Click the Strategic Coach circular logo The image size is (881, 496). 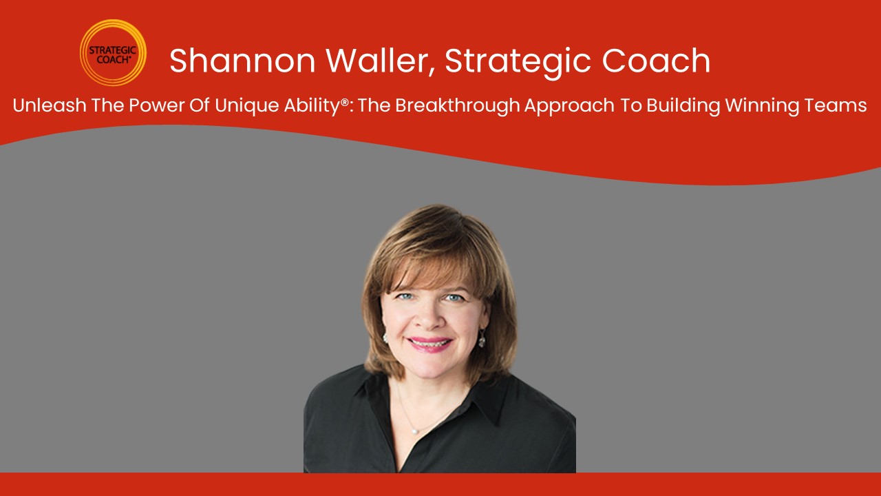[x=113, y=53]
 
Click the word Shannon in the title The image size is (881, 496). [x=242, y=61]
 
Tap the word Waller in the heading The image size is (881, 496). [x=381, y=61]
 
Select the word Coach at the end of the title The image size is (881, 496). [x=656, y=61]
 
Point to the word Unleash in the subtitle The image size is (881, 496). [x=50, y=105]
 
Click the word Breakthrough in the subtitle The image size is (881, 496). [x=458, y=106]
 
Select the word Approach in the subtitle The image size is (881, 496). [x=569, y=106]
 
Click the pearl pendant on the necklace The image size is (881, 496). [x=414, y=432]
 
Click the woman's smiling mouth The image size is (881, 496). [x=429, y=344]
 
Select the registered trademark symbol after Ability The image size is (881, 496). [x=345, y=102]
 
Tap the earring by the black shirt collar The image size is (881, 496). [x=482, y=340]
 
